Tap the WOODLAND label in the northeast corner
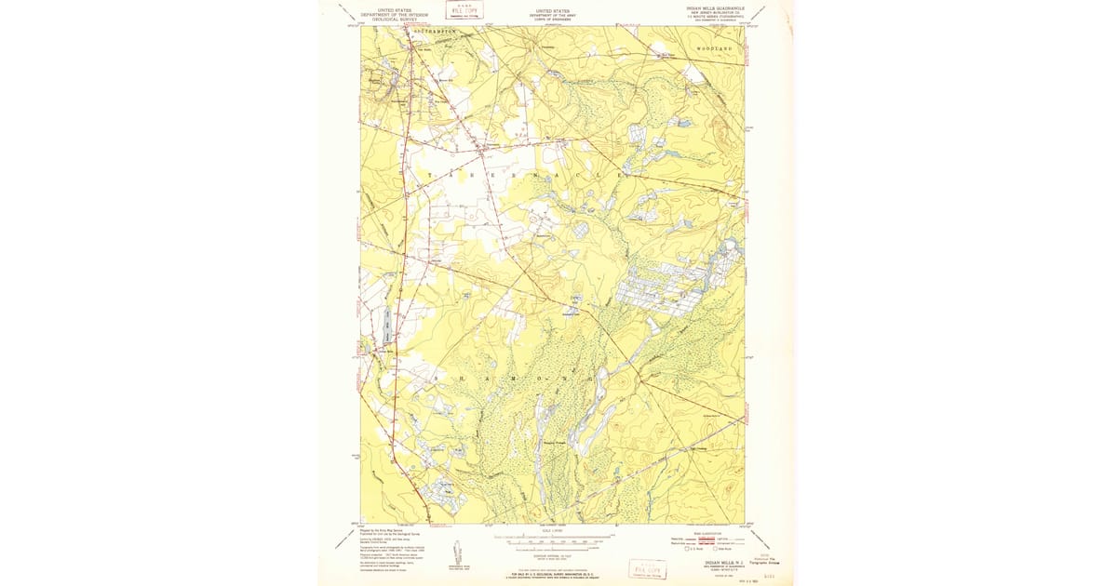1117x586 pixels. pyautogui.click(x=715, y=47)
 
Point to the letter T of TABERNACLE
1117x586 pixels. pyautogui.click(x=430, y=175)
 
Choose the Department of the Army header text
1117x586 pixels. pyautogui.click(x=551, y=15)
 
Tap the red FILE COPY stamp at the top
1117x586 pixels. pyautogui.click(x=463, y=11)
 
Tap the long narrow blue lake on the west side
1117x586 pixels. pyautogui.click(x=386, y=324)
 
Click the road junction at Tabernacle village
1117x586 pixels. pyautogui.click(x=484, y=146)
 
